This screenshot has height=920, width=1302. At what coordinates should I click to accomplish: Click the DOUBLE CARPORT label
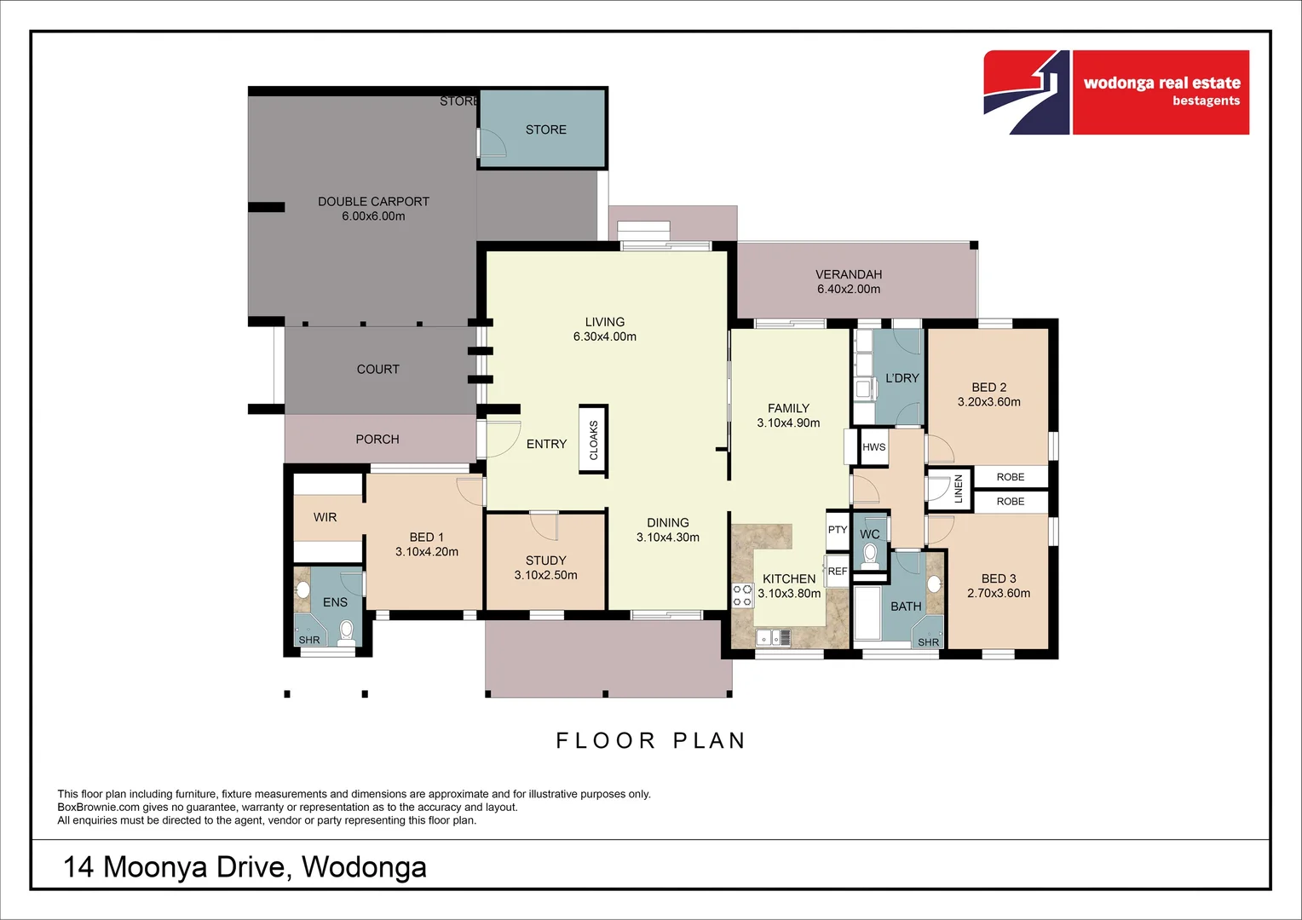(373, 202)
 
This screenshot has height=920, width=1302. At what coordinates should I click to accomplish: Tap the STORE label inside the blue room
(545, 129)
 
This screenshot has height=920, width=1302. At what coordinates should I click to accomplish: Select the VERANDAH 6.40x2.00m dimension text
(849, 289)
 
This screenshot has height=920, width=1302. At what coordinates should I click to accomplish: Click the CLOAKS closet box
(593, 440)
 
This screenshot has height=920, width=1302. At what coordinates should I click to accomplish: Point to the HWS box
(873, 447)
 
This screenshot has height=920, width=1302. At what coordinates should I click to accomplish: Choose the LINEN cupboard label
(958, 489)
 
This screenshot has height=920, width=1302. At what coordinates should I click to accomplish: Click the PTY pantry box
(837, 530)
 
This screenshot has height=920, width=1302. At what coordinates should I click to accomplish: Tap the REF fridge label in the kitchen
(837, 572)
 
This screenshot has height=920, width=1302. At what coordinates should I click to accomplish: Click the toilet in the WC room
(870, 556)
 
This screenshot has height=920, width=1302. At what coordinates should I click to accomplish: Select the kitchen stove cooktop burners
(742, 595)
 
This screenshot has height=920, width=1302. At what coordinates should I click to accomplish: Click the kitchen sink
(773, 637)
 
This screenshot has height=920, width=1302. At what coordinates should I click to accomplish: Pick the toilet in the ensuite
(346, 630)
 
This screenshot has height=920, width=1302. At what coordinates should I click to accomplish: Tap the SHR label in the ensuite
(309, 640)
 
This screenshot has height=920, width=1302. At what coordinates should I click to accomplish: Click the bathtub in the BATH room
(867, 612)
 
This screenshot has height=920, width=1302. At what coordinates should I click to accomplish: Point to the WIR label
(325, 517)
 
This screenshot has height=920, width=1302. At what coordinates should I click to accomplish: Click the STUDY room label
(545, 561)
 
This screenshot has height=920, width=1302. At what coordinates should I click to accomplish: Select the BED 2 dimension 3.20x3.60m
(988, 402)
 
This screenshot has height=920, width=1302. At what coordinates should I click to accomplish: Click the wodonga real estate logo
(1116, 92)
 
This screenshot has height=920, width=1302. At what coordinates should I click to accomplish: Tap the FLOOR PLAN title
(651, 740)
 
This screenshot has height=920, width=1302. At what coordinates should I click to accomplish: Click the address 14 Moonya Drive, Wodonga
(245, 866)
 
